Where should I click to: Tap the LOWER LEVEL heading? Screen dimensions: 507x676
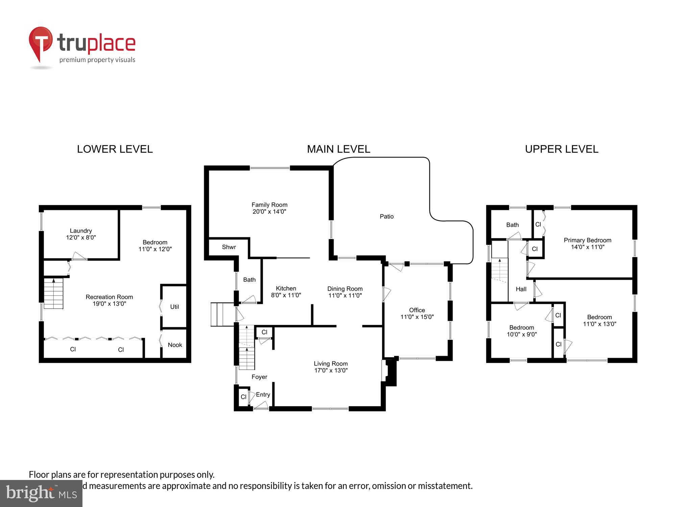coord(115,149)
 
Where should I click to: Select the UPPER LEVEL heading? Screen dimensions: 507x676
coord(561,149)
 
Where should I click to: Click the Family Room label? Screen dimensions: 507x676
coord(269,205)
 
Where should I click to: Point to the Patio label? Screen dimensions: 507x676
coord(386,217)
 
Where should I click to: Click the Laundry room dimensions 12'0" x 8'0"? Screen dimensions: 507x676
coord(81,238)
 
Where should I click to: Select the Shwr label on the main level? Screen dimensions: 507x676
coord(229,247)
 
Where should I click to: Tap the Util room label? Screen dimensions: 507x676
coord(174,307)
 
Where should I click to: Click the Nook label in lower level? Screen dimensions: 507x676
coord(175,345)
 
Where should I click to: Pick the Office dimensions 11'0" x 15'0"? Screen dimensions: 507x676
coord(417,317)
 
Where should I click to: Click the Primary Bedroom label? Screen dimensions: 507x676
coord(587,240)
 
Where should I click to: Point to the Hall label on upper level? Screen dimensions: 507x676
coord(521,289)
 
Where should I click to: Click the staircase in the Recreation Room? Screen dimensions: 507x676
coord(53,293)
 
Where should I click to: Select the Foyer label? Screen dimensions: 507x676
coord(259,377)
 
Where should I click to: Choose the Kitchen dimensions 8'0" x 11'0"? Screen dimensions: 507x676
coord(286,295)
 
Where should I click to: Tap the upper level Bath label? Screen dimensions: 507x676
coord(512,225)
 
